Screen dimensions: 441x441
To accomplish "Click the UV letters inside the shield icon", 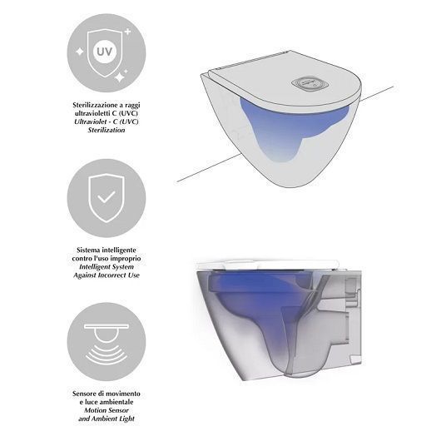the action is point(104,52).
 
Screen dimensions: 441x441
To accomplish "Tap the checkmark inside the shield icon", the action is point(107,197).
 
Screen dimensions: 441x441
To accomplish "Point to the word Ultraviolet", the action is point(92,121).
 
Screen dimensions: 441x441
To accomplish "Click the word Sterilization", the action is point(107,130).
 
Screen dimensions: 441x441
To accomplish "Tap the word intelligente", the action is point(119,250).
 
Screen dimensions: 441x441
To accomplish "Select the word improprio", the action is point(126,259).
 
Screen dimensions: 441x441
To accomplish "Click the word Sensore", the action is point(83,394).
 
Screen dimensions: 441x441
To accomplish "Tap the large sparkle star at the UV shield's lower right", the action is point(120,77).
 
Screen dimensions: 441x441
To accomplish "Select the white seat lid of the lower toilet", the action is point(268,265).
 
